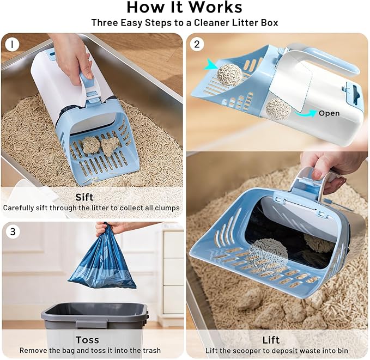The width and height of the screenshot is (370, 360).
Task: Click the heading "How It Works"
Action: point(185,8)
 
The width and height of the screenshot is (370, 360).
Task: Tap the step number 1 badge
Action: point(12,44)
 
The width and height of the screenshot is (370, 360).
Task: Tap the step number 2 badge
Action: point(197,44)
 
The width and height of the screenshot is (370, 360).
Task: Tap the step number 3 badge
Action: point(12,231)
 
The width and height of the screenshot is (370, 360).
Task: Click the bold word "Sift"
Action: point(84,197)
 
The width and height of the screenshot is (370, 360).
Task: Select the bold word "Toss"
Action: point(87,340)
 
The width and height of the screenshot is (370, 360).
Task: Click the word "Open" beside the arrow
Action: point(329,113)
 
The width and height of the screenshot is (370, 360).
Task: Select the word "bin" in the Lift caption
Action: point(342,351)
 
